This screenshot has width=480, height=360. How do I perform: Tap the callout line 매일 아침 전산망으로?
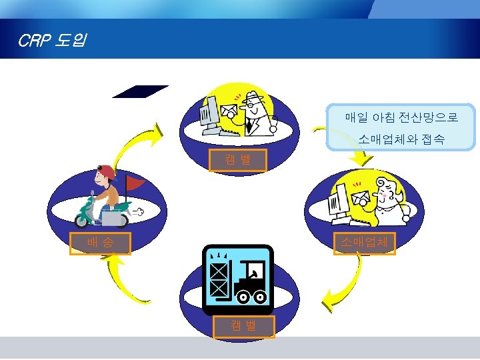click(x=401, y=118)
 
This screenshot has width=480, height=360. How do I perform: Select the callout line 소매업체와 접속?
click(x=401, y=139)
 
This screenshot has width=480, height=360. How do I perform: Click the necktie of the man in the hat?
click(x=249, y=125)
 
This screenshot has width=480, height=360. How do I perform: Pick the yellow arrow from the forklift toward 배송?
click(x=130, y=280)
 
